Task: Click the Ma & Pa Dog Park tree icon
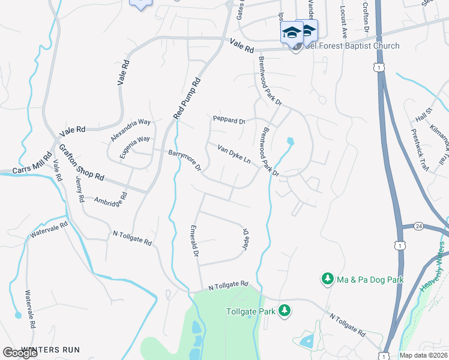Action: (328, 279)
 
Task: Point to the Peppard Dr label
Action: (229, 120)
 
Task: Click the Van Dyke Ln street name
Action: (234, 154)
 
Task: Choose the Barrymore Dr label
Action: (184, 160)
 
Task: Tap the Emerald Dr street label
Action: (194, 241)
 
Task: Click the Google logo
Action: (20, 352)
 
